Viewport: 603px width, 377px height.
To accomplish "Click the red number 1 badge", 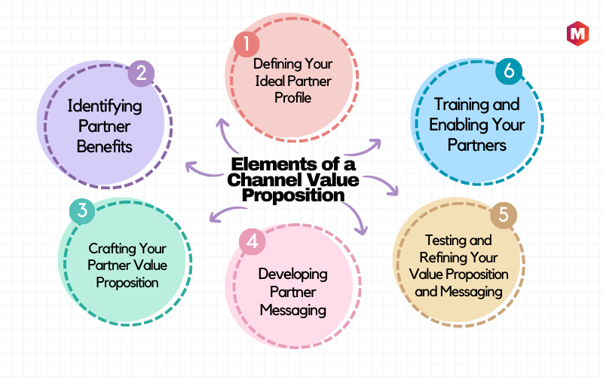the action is (246, 44).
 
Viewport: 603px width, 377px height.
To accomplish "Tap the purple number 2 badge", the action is (141, 73).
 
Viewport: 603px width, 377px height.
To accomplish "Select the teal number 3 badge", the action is (82, 211).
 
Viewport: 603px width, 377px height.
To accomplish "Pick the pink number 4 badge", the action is (253, 241).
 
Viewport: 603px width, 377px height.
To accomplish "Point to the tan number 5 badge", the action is (504, 215).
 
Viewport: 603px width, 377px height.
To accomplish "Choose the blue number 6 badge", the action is (509, 71).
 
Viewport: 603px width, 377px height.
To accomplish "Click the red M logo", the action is (577, 34).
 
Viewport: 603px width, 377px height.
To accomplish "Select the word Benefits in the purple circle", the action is (105, 146).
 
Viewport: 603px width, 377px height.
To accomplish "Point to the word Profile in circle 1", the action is (292, 98).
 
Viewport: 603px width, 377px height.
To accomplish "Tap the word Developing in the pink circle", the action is (293, 274).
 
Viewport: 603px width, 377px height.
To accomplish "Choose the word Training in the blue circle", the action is (455, 105).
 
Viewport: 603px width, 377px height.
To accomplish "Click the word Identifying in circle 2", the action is (105, 107).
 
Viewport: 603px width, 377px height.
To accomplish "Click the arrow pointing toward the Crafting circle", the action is (228, 213).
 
